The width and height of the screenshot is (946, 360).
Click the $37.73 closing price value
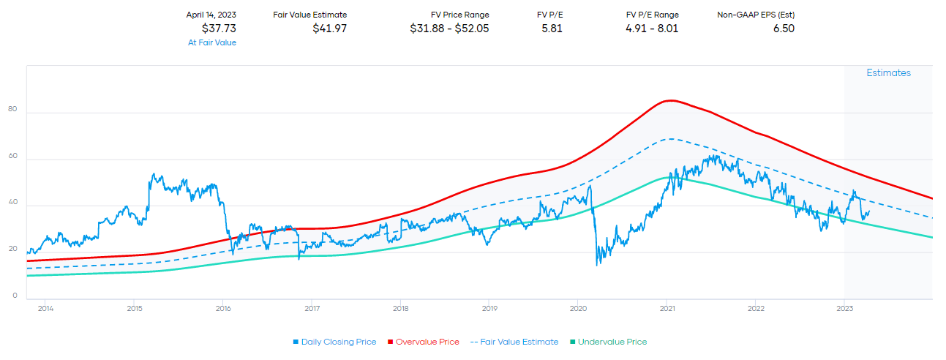[219, 29]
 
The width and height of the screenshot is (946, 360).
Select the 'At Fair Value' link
[212, 42]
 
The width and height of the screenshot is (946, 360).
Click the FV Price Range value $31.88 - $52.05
[449, 29]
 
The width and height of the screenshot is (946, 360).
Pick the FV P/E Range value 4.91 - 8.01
[653, 29]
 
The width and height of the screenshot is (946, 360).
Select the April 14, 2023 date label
[211, 15]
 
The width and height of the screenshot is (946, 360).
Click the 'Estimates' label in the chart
[889, 73]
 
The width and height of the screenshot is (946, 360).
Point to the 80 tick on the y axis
[12, 109]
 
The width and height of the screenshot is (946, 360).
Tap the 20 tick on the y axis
[12, 250]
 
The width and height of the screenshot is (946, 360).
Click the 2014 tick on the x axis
[45, 308]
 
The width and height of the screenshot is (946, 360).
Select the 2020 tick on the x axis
[578, 308]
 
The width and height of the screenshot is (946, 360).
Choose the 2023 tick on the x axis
[844, 308]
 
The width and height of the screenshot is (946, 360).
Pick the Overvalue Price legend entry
[424, 342]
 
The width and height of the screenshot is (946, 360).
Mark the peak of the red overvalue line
[668, 100]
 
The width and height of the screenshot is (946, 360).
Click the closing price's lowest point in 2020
[597, 264]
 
